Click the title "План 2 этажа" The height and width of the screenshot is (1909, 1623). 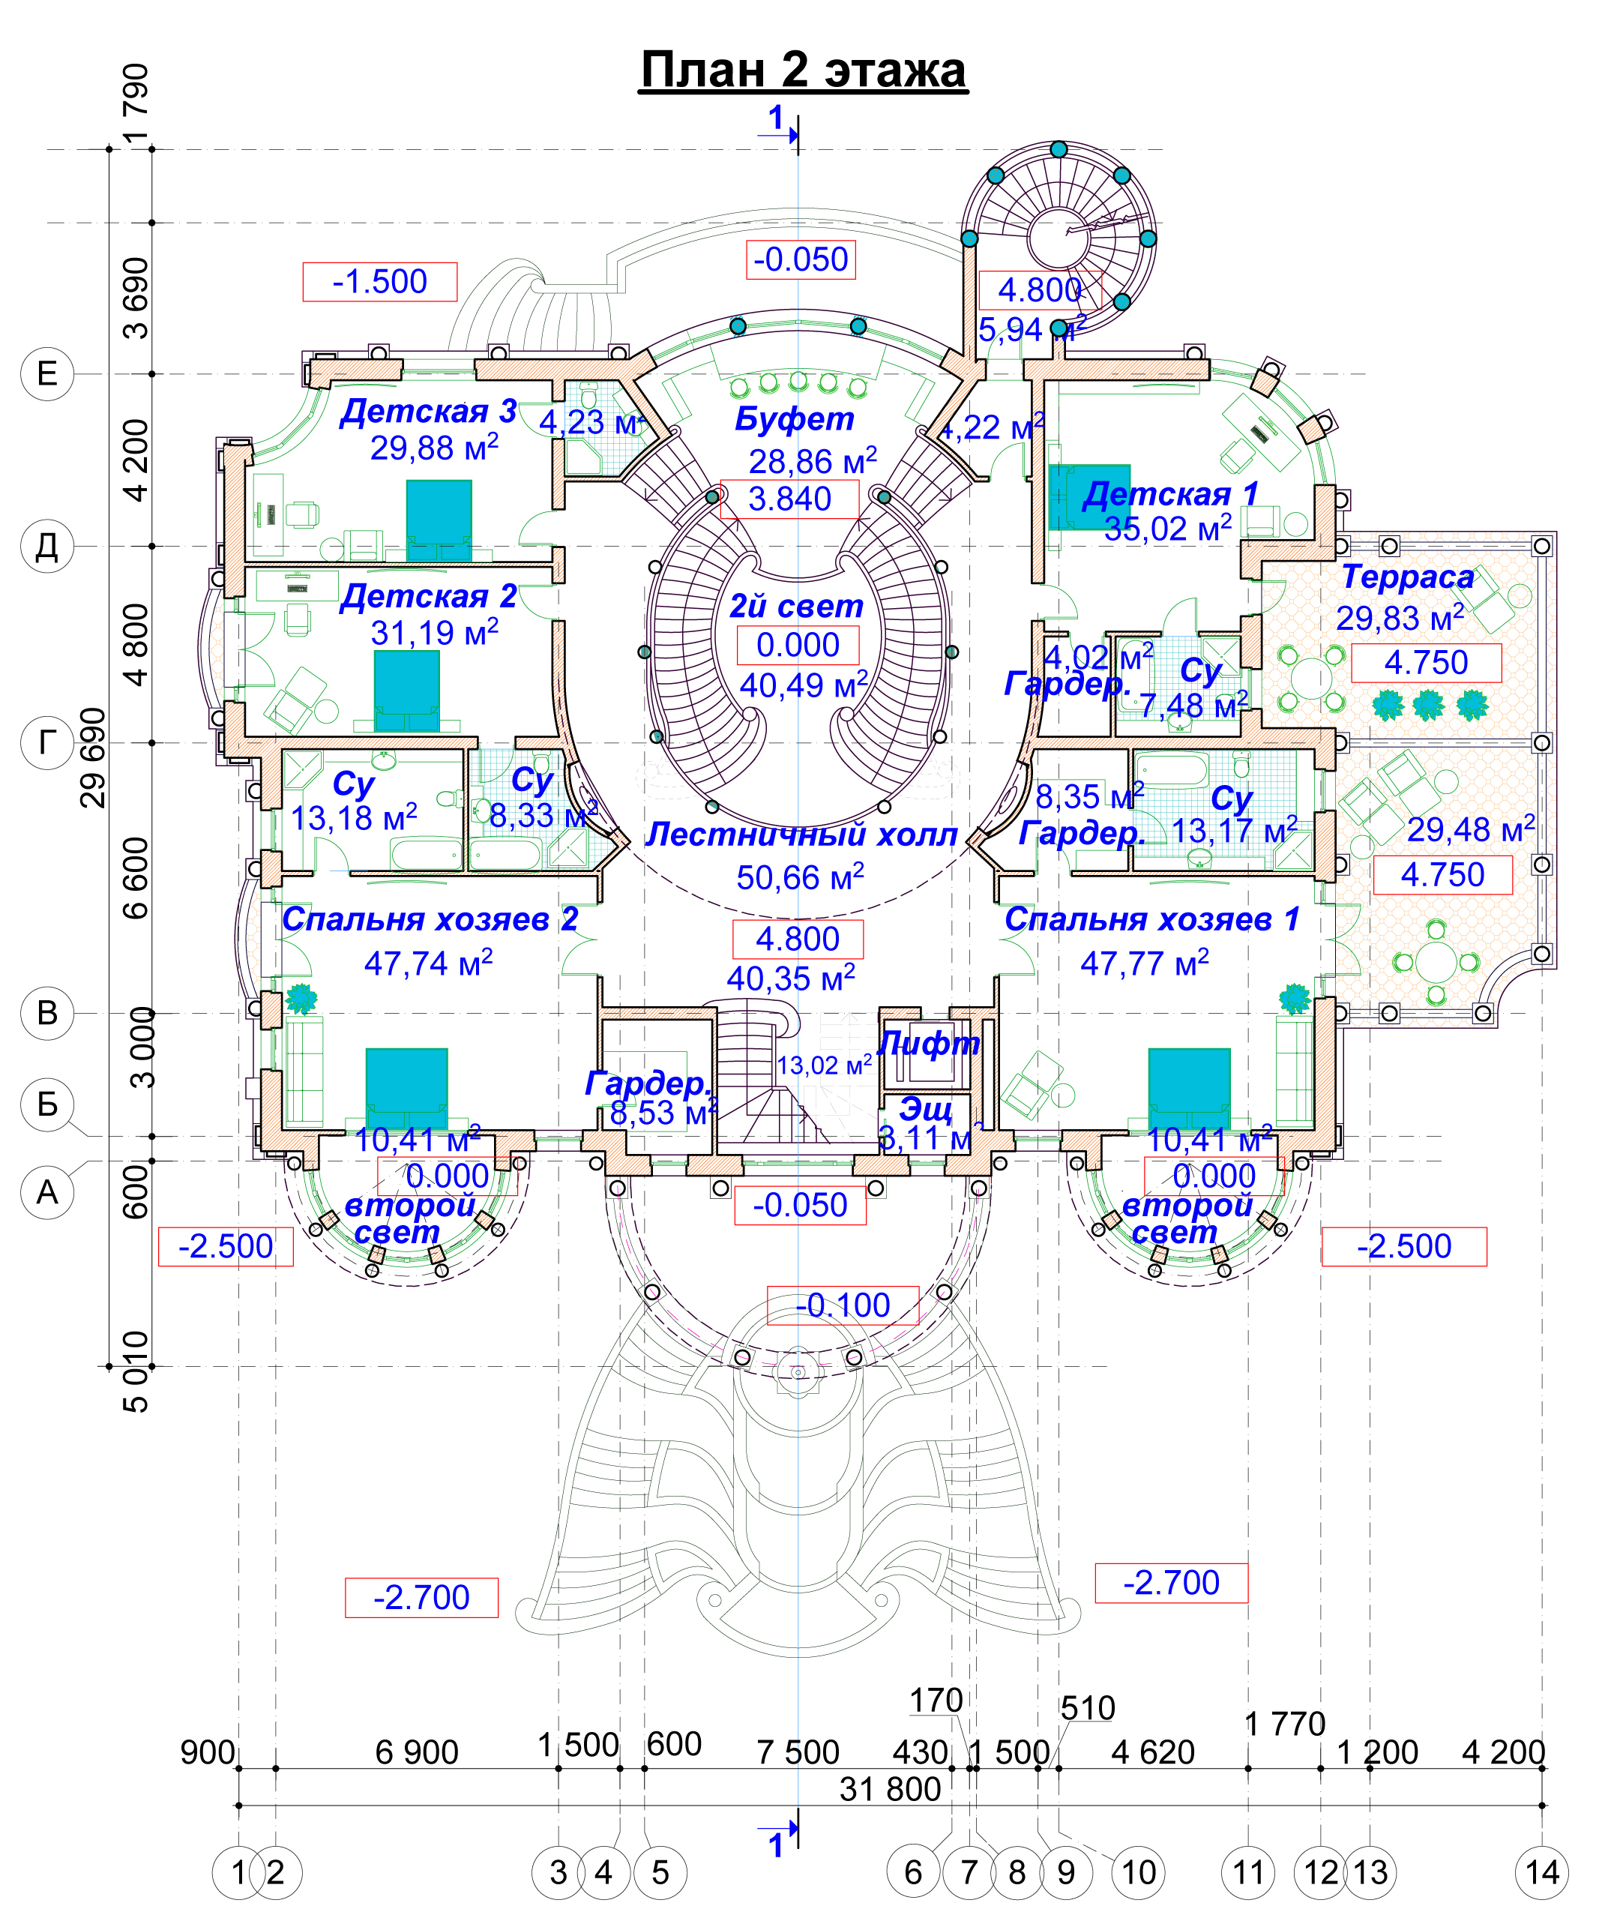point(802,70)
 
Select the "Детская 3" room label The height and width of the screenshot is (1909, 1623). point(428,411)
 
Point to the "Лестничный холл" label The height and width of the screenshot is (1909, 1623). point(801,834)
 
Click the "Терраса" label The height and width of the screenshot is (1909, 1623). point(1408,577)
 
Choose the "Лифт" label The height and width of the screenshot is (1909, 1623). point(928,1043)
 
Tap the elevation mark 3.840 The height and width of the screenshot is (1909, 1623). point(789,499)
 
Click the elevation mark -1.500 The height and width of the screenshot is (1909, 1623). point(379,281)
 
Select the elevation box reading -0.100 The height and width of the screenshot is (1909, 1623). point(843,1305)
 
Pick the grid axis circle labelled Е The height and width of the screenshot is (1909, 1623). point(47,373)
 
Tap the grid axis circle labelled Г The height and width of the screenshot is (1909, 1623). point(47,742)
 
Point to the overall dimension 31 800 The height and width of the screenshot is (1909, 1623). point(890,1788)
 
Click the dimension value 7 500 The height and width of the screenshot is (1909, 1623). point(798,1752)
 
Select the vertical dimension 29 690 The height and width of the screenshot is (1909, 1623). point(93,757)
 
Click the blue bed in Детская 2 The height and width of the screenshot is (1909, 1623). point(406,690)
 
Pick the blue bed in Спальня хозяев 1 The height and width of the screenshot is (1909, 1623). point(1189,1087)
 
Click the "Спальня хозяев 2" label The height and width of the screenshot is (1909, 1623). point(430,919)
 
